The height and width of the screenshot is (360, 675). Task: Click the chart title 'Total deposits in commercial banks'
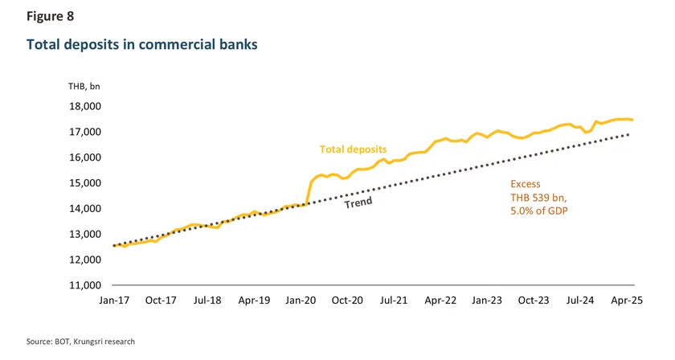[142, 45]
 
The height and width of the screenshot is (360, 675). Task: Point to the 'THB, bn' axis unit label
[84, 87]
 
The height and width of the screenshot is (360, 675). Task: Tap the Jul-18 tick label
[207, 300]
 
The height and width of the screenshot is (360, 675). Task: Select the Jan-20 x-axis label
[301, 300]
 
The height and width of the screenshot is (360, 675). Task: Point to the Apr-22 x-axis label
[440, 300]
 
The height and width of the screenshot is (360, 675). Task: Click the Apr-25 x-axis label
[626, 300]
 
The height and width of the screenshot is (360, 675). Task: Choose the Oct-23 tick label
[533, 300]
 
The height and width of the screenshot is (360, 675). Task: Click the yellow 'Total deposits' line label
[353, 149]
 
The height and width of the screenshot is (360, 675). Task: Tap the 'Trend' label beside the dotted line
[358, 203]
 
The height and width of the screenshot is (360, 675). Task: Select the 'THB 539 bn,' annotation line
[539, 197]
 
